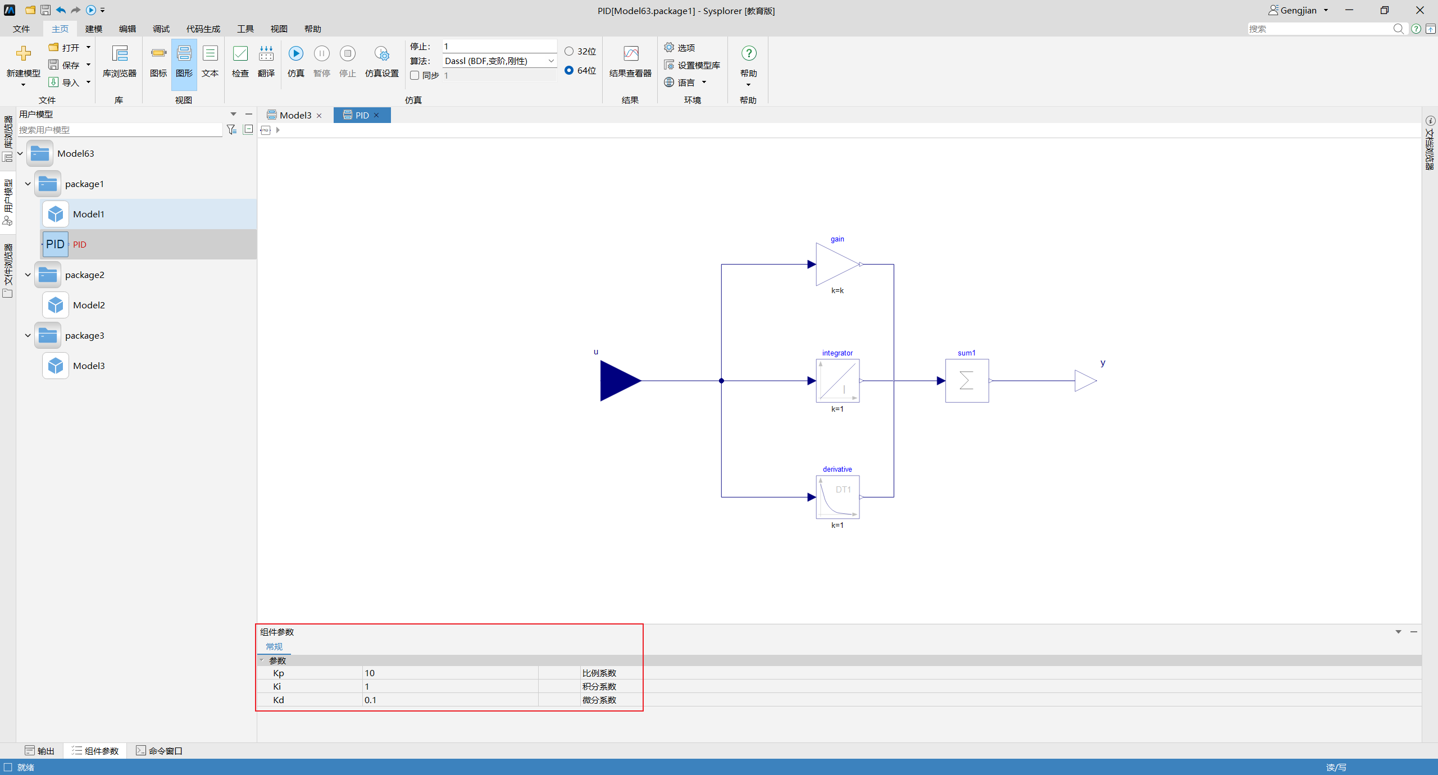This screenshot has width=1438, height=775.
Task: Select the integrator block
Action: click(x=838, y=381)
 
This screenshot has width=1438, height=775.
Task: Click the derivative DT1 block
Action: click(x=838, y=497)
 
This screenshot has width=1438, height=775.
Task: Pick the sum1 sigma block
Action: click(x=967, y=381)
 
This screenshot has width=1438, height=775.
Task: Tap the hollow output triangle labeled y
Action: click(x=1085, y=381)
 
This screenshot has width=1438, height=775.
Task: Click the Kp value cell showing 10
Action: click(x=450, y=673)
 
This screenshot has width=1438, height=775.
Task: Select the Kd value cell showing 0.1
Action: click(x=450, y=700)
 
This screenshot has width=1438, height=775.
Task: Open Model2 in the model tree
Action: click(x=89, y=305)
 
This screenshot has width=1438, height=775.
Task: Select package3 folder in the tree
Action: click(x=84, y=335)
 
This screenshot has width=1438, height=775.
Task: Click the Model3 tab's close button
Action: click(x=320, y=116)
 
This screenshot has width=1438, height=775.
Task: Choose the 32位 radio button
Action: click(x=569, y=51)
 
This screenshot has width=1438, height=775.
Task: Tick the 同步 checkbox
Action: click(x=415, y=75)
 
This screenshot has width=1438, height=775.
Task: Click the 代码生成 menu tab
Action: click(x=203, y=29)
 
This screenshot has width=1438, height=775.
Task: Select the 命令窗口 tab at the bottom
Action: click(x=160, y=751)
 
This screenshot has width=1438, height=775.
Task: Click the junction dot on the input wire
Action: click(x=722, y=381)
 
